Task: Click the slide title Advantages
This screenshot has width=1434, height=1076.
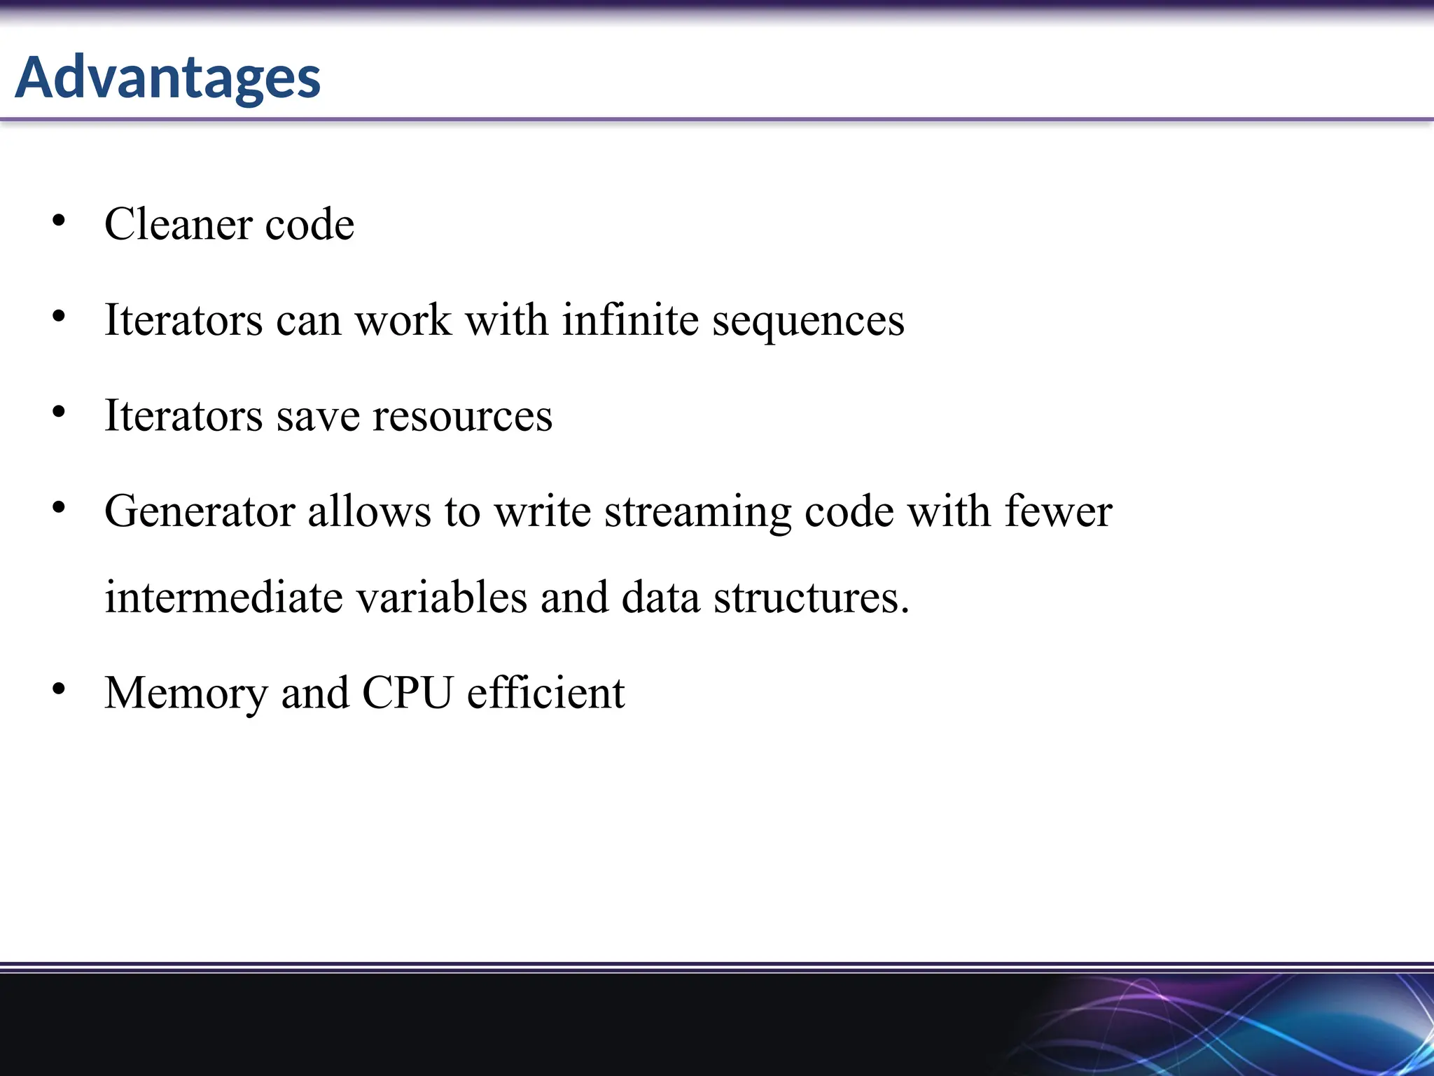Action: click(x=168, y=77)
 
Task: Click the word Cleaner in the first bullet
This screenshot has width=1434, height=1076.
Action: click(x=178, y=225)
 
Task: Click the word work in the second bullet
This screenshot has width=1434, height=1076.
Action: click(x=403, y=320)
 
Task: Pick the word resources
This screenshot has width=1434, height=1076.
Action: click(x=462, y=416)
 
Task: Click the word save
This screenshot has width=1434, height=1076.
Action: click(x=317, y=416)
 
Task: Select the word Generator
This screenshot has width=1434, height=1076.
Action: click(x=199, y=511)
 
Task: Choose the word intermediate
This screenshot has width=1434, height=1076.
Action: click(x=224, y=598)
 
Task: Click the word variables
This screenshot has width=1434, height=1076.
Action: click(x=442, y=598)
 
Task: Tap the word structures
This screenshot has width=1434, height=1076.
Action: click(x=811, y=598)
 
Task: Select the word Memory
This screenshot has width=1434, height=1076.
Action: click(x=186, y=694)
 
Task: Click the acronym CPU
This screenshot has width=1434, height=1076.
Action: click(x=407, y=693)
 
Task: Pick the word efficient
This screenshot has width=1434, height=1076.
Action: click(x=545, y=693)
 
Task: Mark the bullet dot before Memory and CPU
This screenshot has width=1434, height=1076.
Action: click(x=59, y=689)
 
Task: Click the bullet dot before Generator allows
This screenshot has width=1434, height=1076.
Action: click(x=59, y=508)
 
